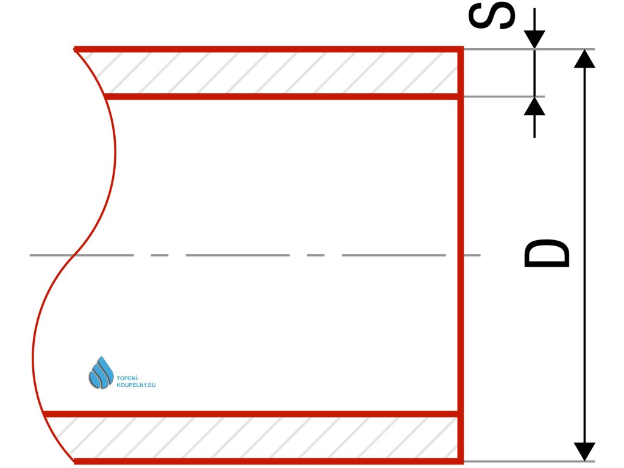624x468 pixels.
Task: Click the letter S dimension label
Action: (x=491, y=16)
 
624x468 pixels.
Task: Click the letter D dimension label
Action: (x=547, y=254)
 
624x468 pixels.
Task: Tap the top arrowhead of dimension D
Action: (x=584, y=58)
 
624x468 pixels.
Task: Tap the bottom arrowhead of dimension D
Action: (x=584, y=451)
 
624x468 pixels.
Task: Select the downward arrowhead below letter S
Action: (x=534, y=39)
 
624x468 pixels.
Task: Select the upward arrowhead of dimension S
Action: (x=534, y=107)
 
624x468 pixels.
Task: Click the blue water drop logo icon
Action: (x=101, y=372)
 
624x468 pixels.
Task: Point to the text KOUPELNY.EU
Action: (x=135, y=385)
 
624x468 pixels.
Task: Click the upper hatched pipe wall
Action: (x=274, y=72)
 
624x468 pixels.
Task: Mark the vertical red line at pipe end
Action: (x=461, y=256)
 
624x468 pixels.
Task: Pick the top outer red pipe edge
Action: (x=268, y=49)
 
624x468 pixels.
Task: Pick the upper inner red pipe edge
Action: (x=280, y=96)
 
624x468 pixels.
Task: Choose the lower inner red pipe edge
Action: (x=256, y=414)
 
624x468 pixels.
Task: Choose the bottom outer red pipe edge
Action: (x=268, y=461)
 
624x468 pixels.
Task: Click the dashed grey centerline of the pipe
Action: (x=238, y=255)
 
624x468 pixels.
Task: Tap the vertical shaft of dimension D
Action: (x=584, y=183)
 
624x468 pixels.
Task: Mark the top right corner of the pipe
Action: (x=461, y=49)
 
